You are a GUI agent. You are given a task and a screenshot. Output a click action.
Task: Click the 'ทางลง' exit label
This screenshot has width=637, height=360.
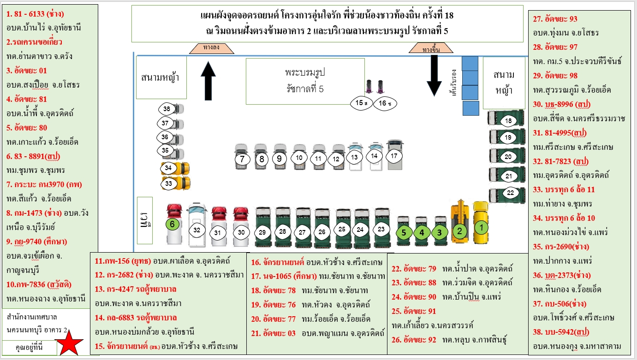pos(211,47)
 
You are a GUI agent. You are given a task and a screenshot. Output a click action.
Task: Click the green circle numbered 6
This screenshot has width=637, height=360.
pos(172,224)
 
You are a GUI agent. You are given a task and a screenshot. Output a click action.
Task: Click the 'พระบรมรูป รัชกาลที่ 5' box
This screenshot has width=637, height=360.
pos(305,81)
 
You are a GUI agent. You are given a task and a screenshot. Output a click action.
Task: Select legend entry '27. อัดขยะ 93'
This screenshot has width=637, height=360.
pos(555,19)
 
